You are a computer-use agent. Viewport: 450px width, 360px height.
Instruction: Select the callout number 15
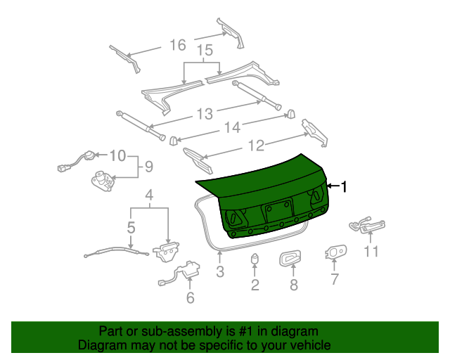click(x=204, y=51)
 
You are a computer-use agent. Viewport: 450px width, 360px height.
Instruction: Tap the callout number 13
click(x=204, y=113)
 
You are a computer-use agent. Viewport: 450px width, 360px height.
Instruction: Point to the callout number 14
click(x=233, y=127)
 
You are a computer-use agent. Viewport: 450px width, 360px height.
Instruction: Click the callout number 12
click(x=255, y=146)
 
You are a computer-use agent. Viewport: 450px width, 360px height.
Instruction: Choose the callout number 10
click(x=117, y=155)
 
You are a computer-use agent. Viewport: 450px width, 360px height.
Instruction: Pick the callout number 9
click(x=148, y=167)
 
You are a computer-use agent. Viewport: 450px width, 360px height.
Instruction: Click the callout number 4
click(x=148, y=195)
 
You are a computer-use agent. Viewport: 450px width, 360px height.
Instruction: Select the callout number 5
click(x=131, y=227)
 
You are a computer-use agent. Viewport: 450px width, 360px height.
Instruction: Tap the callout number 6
click(x=190, y=297)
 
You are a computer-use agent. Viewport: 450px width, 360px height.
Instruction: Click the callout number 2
click(x=255, y=285)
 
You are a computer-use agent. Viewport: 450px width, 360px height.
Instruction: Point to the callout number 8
click(x=294, y=285)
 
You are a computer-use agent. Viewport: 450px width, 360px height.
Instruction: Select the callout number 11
click(x=371, y=251)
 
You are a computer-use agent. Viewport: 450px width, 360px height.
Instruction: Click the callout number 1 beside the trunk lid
click(x=345, y=186)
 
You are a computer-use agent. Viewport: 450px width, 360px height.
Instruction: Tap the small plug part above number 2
click(x=255, y=260)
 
